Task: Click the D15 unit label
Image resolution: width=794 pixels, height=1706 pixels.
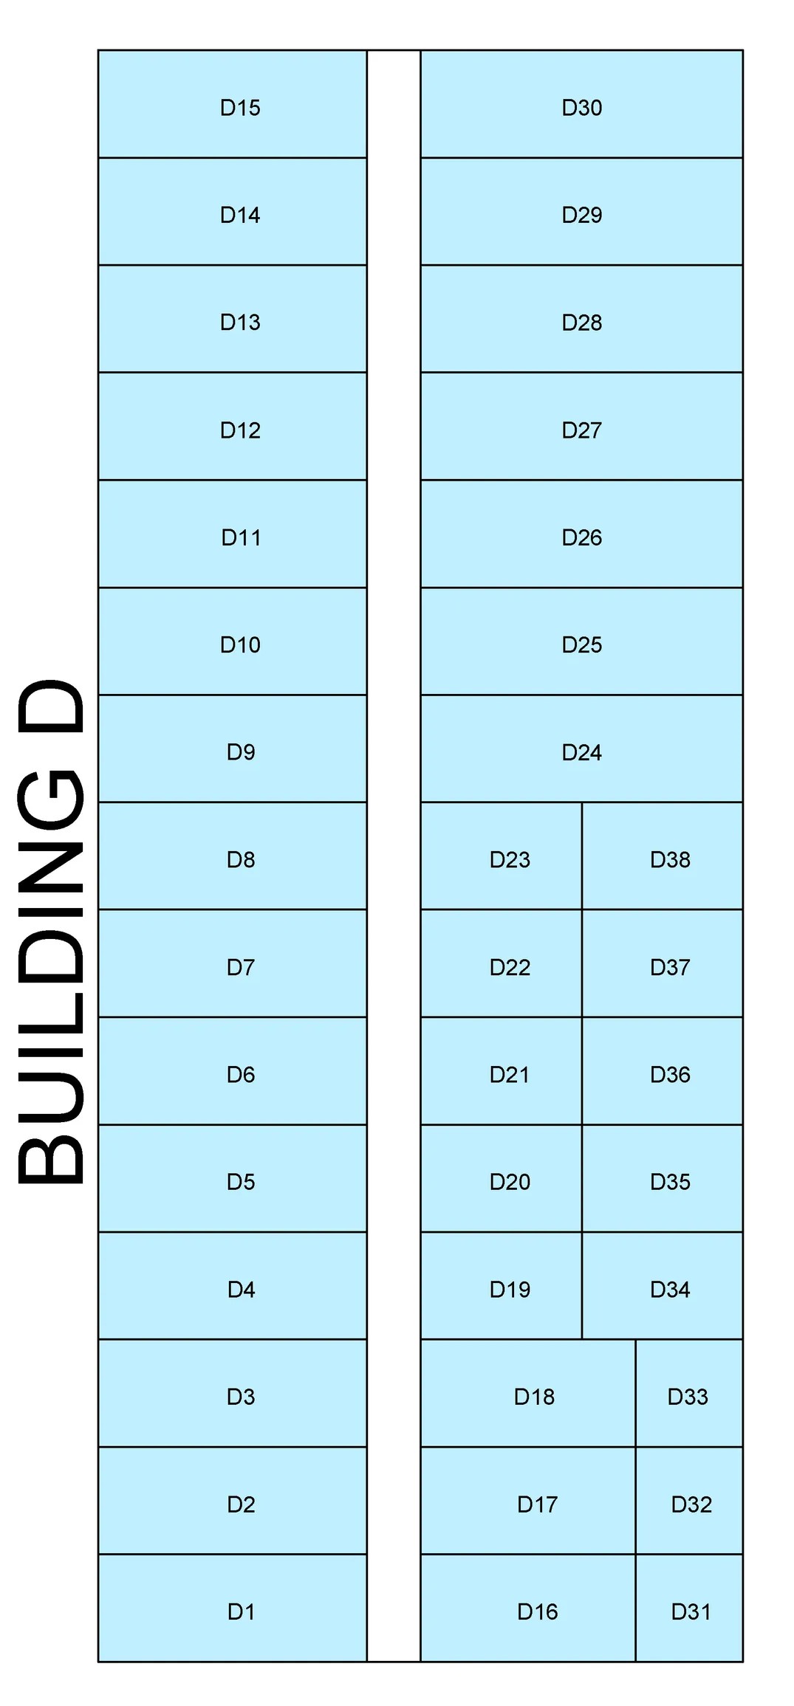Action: coord(240,108)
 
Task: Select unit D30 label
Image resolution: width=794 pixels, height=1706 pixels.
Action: coord(582,108)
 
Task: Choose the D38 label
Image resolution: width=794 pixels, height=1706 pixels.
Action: coord(670,859)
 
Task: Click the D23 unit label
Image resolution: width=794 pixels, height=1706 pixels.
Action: coord(510,859)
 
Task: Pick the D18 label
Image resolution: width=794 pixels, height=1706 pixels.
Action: coord(534,1396)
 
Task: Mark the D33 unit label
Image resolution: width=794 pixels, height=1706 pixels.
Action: coord(688,1396)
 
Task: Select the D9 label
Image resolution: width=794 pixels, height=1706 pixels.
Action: coord(241,751)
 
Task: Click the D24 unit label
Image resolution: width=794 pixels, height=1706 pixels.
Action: coord(582,752)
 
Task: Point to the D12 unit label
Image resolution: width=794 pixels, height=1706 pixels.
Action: coord(240,430)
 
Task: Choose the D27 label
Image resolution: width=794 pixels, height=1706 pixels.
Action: coord(582,430)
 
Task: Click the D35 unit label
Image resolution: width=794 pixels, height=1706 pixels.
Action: coord(670,1181)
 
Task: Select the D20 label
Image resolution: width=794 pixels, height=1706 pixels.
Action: coord(510,1181)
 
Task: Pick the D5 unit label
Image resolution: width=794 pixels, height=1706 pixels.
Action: coord(241,1181)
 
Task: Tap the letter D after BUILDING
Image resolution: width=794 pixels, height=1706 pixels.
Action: coord(50,707)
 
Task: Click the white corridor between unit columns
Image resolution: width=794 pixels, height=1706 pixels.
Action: coord(394,856)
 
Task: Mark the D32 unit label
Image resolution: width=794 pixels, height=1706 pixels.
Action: coord(691,1504)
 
